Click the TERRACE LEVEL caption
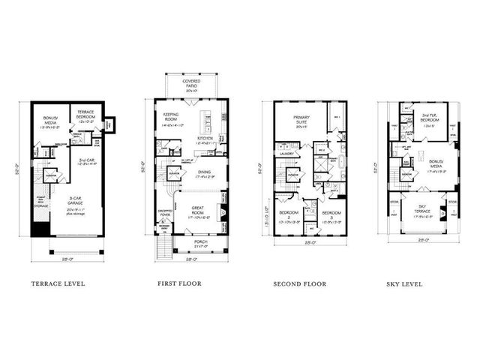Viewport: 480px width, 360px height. tap(58, 284)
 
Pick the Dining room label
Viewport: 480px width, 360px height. tap(204, 173)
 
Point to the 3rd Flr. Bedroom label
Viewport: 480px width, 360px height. tap(430, 118)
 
